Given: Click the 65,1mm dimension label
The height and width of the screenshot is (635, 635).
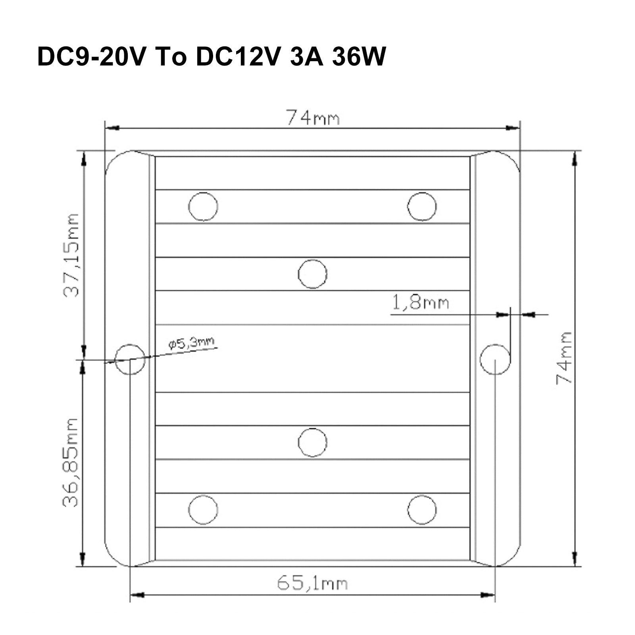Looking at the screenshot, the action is click(x=312, y=583).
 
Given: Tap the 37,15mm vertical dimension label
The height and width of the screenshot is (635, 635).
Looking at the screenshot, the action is click(x=72, y=255).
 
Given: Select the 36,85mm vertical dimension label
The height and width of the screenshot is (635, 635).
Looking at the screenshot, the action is click(x=71, y=462).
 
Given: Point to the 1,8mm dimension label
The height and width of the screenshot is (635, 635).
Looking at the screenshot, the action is click(x=421, y=303).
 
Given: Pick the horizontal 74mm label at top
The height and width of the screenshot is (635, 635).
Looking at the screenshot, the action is click(x=313, y=118).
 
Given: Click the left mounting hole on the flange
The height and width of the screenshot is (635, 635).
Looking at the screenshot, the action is click(x=130, y=359).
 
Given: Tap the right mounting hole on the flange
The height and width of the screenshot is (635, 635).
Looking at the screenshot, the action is click(x=495, y=359).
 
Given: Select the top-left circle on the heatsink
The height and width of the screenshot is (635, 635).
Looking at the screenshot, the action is click(x=203, y=206).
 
